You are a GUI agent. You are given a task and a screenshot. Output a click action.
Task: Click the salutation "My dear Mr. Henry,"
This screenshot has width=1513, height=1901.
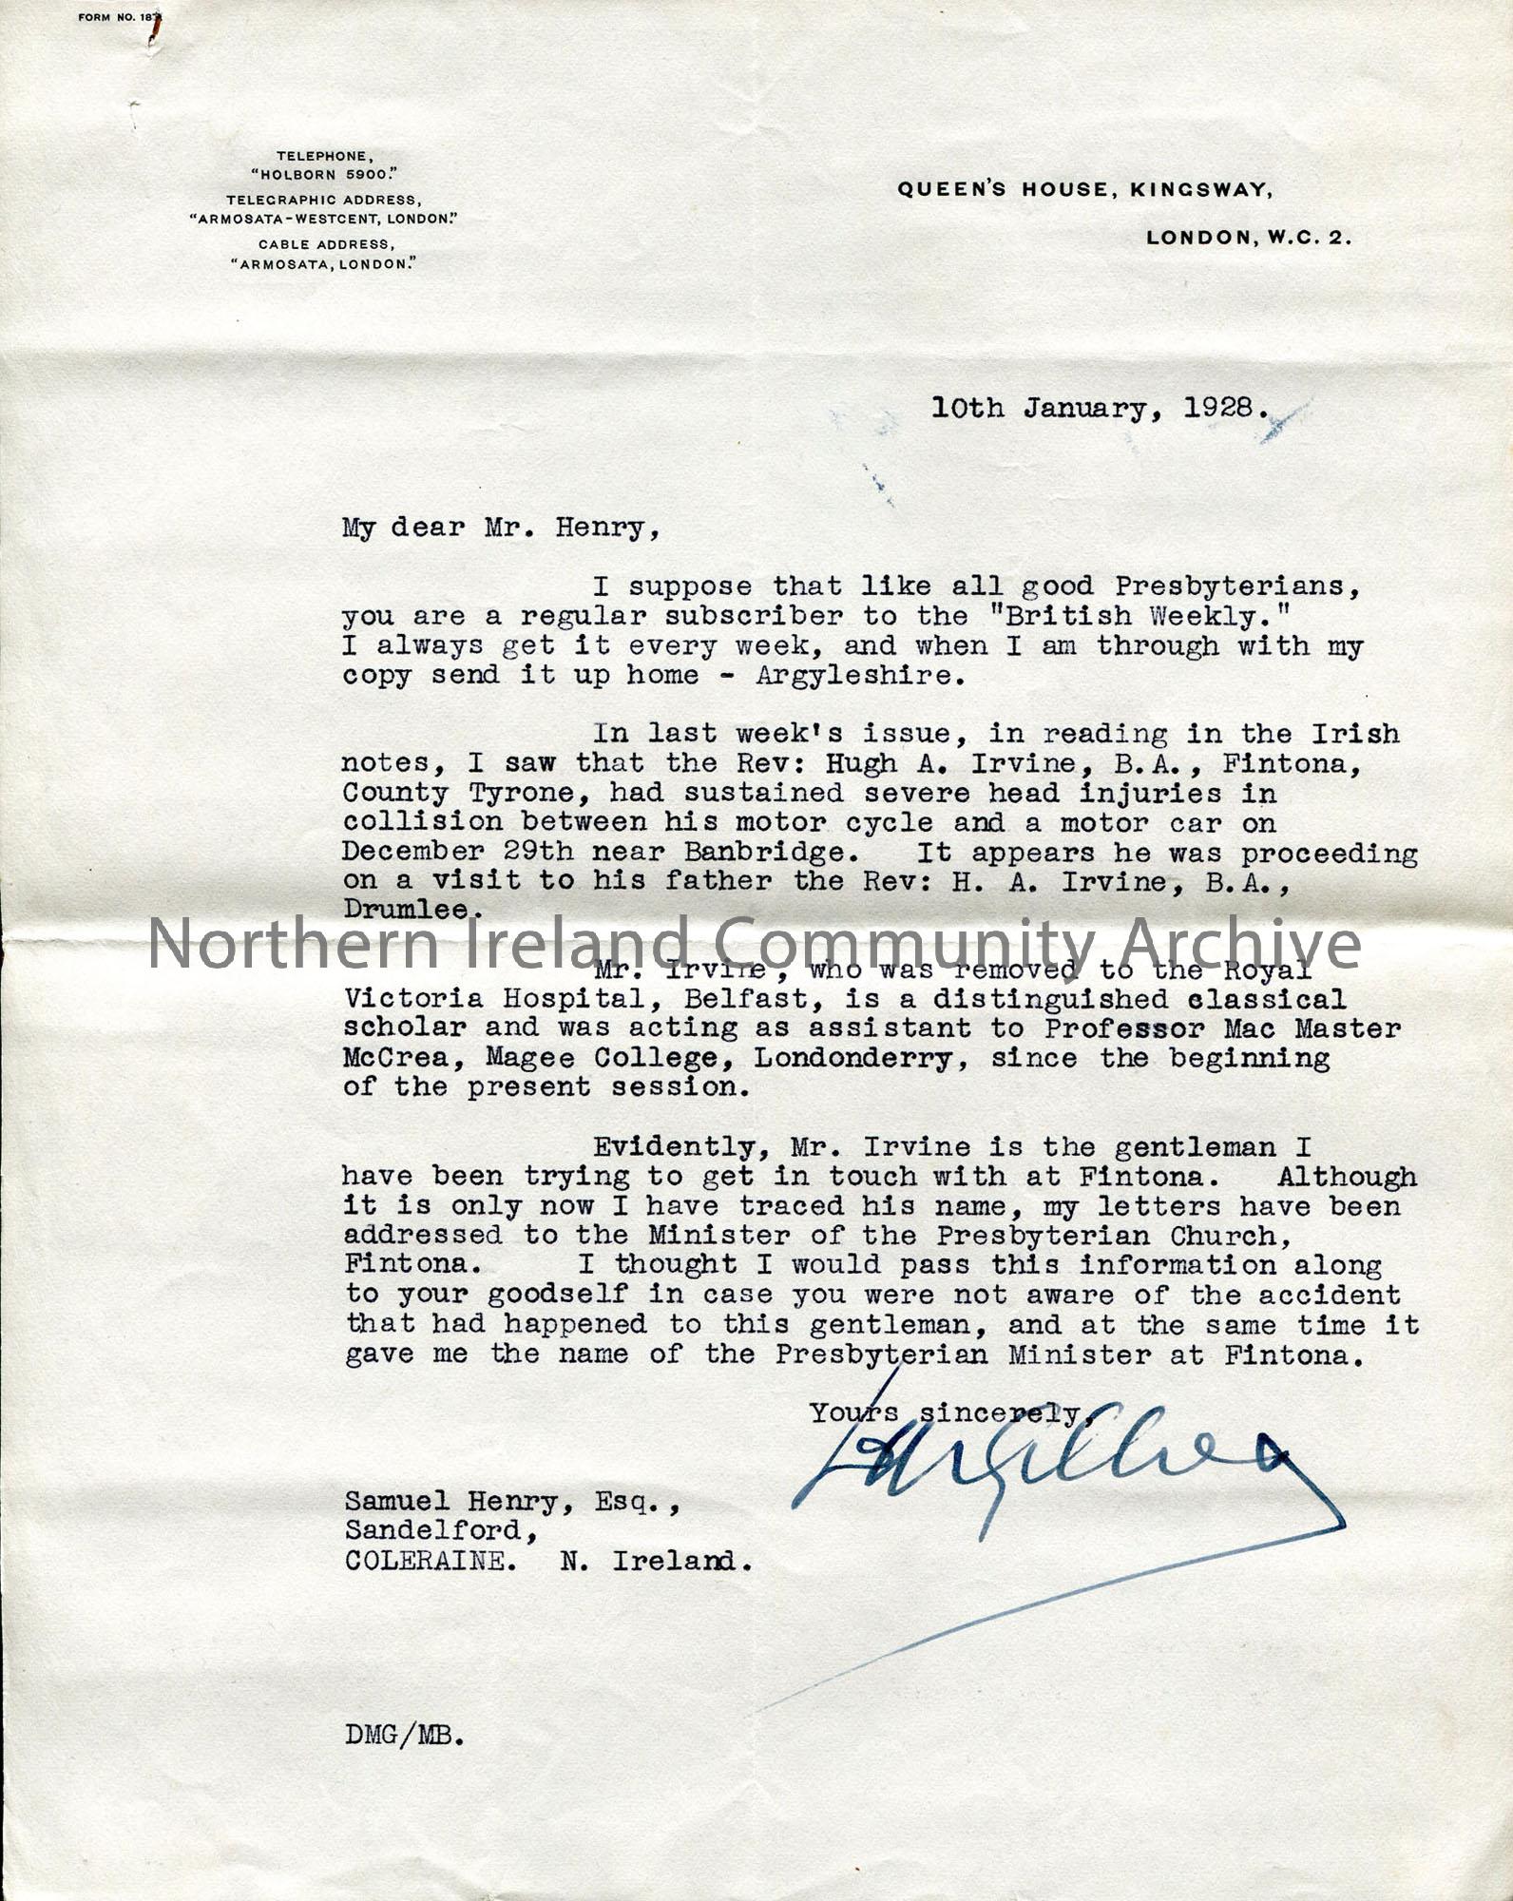click(x=500, y=528)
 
